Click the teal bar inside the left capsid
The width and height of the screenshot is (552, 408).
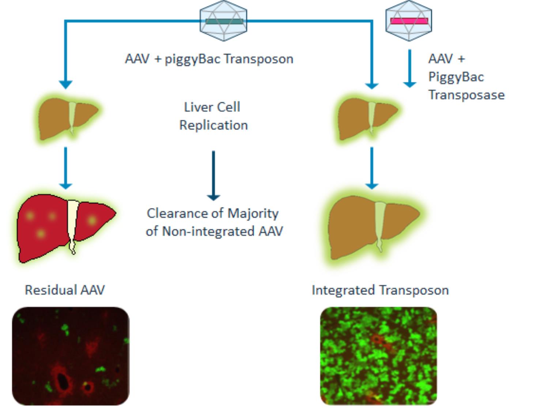224,21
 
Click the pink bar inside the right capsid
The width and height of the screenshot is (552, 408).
409,21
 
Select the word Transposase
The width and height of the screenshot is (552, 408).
466,95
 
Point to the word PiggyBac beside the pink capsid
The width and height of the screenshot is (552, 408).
456,77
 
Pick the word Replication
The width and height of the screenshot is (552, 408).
213,125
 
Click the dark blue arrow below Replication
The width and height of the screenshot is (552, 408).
213,175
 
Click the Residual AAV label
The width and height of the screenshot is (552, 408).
65,290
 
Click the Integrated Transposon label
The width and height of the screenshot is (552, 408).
380,290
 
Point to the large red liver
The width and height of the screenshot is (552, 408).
44,230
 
